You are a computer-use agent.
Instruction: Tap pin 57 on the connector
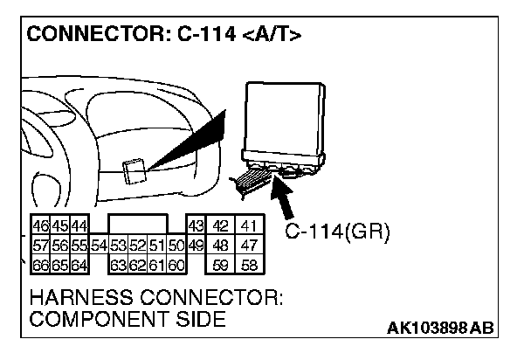tap(41, 245)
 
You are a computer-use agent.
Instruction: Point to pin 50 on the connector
tap(175, 245)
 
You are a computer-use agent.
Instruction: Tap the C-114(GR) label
tap(337, 232)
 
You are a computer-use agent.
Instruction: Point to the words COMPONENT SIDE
tap(128, 320)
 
